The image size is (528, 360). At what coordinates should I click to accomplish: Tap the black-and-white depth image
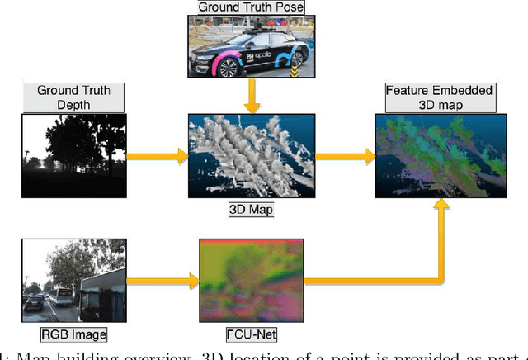73,154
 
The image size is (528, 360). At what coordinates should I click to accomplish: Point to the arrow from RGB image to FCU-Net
162,282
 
